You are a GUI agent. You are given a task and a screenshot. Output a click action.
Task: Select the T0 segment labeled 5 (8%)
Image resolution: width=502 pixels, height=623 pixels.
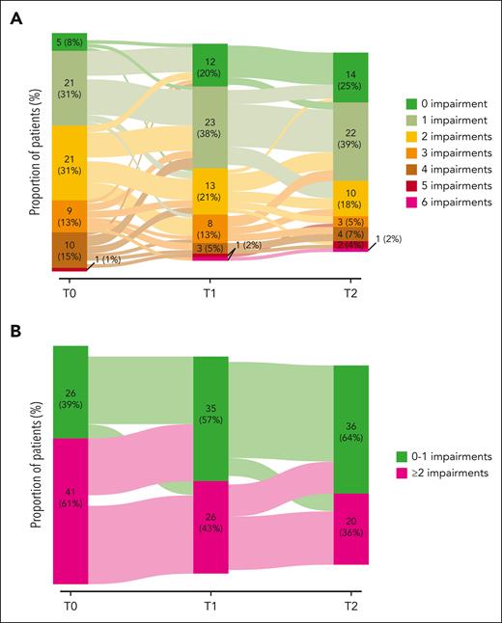70,41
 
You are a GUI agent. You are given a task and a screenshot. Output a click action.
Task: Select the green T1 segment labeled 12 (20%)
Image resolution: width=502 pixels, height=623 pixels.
209,66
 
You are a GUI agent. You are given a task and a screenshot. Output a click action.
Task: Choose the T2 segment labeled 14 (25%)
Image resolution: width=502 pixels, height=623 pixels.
350,78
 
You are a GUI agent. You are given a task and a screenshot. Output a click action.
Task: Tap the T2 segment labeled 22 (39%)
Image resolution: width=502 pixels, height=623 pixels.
350,142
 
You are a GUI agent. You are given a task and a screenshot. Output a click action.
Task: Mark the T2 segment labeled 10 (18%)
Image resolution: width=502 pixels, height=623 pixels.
350,200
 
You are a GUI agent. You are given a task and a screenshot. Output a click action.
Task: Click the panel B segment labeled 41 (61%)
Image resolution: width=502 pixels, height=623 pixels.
70,510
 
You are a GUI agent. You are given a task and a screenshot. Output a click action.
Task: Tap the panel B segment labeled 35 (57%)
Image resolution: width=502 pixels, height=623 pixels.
209,419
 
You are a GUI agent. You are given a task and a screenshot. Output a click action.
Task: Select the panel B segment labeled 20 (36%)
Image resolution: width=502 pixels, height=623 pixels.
350,528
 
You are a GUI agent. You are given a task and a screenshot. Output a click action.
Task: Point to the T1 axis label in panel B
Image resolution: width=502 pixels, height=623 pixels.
209,599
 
